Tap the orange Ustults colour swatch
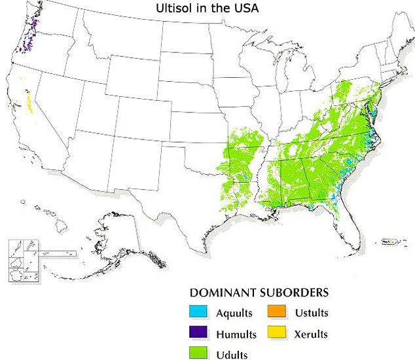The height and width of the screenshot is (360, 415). pyautogui.click(x=276, y=312)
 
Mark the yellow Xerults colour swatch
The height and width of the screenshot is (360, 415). pyautogui.click(x=276, y=334)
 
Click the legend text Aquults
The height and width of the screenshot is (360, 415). pyautogui.click(x=234, y=312)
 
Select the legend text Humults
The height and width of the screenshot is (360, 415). pyautogui.click(x=235, y=334)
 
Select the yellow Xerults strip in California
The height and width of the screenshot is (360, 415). pyautogui.click(x=29, y=102)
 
